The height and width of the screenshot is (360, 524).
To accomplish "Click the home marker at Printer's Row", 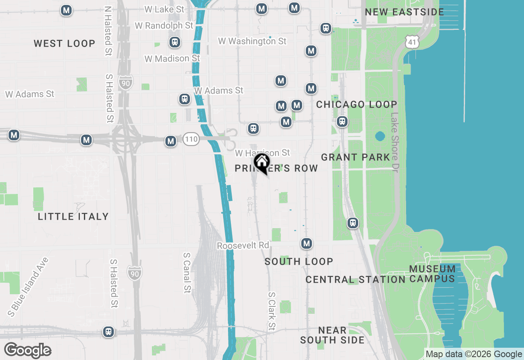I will click(x=262, y=163).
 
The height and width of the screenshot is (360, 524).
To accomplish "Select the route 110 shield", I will click(x=191, y=139).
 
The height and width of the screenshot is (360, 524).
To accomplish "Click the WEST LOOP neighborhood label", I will click(x=64, y=43).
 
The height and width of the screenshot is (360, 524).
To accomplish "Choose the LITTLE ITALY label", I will click(x=73, y=216).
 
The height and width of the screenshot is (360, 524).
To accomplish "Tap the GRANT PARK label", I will click(x=355, y=157).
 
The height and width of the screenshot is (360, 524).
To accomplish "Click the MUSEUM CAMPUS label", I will click(x=432, y=274).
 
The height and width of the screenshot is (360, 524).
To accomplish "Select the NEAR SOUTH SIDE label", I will click(x=332, y=335).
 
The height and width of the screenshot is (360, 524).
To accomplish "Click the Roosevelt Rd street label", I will click(x=243, y=245).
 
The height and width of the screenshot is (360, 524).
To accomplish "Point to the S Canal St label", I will click(x=187, y=272).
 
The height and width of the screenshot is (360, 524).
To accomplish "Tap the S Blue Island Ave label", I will click(x=28, y=287).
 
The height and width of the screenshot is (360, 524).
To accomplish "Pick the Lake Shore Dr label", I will click(x=395, y=142).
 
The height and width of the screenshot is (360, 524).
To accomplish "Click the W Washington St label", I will click(x=252, y=41).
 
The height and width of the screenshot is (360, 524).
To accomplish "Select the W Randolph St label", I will click(x=164, y=25).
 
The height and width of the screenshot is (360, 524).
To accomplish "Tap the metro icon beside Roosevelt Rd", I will click(x=307, y=244).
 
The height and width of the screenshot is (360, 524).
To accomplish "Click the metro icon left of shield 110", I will click(x=171, y=141).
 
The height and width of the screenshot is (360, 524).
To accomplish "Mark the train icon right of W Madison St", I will click(x=175, y=42).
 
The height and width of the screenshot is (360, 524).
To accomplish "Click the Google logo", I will click(x=27, y=350).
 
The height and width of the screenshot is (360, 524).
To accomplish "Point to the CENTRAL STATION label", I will click(x=355, y=280).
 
